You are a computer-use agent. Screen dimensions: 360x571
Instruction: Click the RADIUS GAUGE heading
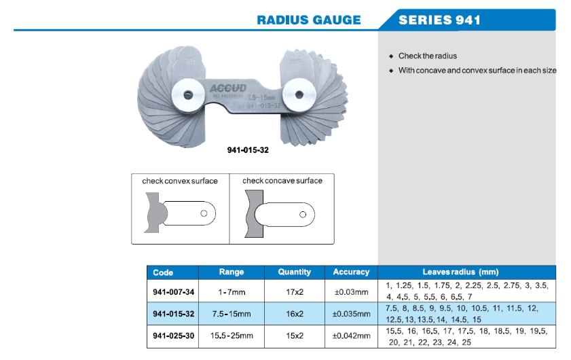[x=308, y=20]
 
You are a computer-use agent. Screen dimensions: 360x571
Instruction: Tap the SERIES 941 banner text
[x=439, y=20]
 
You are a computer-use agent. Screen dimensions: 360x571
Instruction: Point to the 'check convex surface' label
[x=180, y=181]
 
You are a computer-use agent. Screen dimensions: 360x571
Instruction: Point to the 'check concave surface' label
[x=282, y=181]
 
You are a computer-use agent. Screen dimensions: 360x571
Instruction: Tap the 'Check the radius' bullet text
[x=428, y=56]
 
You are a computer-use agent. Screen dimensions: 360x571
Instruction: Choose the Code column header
[x=164, y=272]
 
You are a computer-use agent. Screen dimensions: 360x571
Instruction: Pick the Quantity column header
[x=295, y=272]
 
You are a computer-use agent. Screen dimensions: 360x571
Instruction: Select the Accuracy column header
[x=351, y=272]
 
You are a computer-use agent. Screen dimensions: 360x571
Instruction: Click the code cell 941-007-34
[x=174, y=292]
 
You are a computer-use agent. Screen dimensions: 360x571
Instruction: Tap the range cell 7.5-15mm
[x=231, y=314]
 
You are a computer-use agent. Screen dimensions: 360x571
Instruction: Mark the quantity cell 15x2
[x=295, y=336]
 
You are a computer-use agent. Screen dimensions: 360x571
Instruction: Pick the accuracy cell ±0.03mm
[x=351, y=292]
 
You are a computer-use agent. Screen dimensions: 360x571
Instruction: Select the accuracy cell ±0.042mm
[x=351, y=336]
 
